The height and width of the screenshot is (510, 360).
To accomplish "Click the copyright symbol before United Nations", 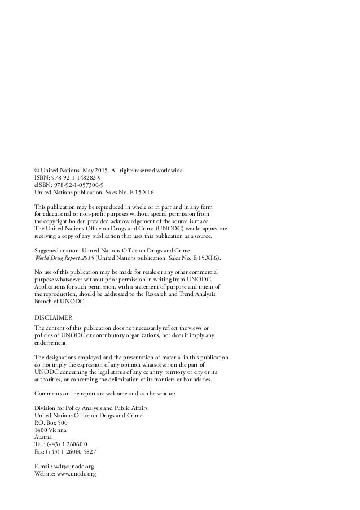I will (x=37, y=169).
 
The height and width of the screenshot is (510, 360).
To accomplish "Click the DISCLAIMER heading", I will (x=54, y=317).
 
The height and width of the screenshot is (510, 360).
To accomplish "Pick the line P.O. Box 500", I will (x=51, y=422).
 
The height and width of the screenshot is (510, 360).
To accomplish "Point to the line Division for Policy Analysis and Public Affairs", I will (x=91, y=408).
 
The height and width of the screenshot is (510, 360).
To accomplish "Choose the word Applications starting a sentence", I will (x=52, y=287).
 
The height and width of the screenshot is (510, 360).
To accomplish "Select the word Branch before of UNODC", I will (x=43, y=302).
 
